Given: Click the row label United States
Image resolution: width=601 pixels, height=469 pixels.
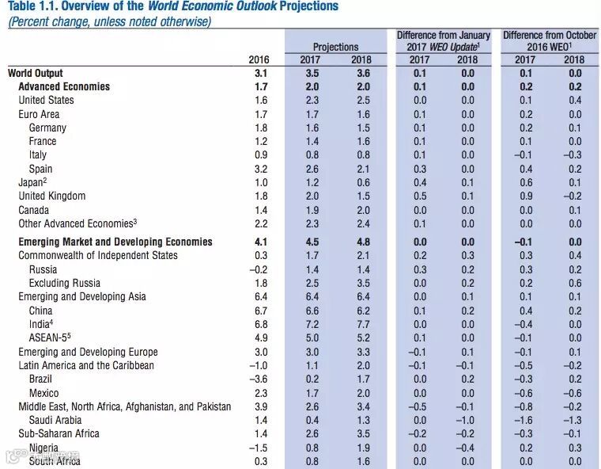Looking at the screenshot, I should (46, 101).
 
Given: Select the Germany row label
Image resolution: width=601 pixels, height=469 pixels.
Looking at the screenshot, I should (47, 128).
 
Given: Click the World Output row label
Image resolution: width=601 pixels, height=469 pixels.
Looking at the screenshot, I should (36, 73).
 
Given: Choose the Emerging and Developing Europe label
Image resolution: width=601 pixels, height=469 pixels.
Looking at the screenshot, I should (88, 352).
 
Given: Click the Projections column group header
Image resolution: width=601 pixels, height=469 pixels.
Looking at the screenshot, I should (335, 48).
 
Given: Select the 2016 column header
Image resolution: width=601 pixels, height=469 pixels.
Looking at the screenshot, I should (259, 59).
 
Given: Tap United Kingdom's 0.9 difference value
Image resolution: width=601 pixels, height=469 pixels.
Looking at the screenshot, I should (526, 196).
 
